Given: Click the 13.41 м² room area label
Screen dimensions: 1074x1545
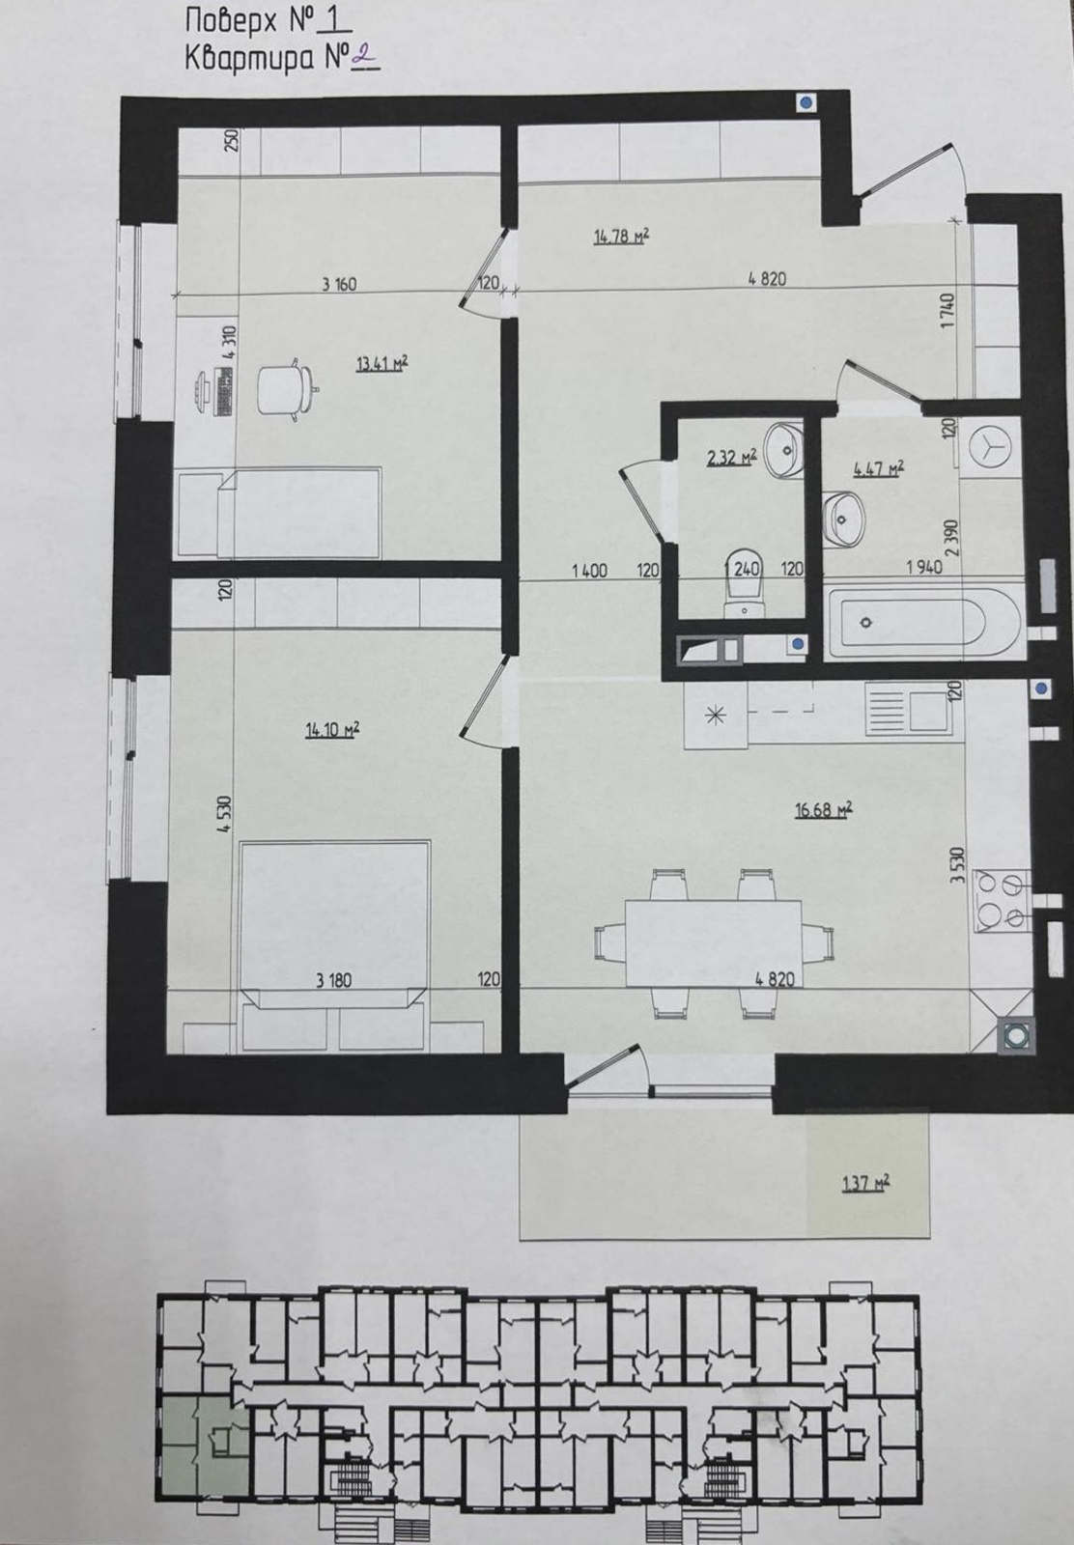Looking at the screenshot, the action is click(x=382, y=362).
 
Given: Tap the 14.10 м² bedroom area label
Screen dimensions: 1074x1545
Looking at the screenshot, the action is click(x=332, y=730).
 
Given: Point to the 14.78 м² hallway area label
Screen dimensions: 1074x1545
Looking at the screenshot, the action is click(x=621, y=238).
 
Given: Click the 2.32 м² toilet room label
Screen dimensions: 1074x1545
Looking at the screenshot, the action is click(x=732, y=457).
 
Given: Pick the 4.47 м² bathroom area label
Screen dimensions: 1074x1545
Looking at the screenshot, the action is click(x=879, y=469).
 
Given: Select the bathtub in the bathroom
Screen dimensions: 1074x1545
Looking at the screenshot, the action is click(x=924, y=622).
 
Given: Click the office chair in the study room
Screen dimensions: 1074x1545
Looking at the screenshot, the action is click(x=289, y=389).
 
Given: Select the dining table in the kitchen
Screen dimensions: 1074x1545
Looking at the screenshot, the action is click(x=714, y=943).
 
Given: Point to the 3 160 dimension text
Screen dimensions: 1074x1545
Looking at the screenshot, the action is click(x=339, y=284).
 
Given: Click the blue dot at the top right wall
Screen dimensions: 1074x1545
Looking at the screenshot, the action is click(x=805, y=103).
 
